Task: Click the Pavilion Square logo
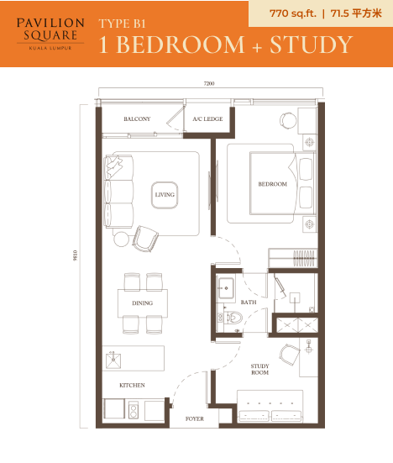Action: (x=50, y=34)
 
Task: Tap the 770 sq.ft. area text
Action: (x=293, y=13)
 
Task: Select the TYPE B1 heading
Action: (x=122, y=24)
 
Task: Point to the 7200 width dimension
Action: (x=209, y=83)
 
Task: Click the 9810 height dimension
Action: (x=76, y=255)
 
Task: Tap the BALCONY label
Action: (x=137, y=118)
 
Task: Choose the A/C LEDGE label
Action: (x=207, y=118)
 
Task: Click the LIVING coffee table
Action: (x=165, y=195)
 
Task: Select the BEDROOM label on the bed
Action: (x=273, y=184)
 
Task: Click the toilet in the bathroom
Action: (x=235, y=318)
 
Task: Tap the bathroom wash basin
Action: (x=226, y=288)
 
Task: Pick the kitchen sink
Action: (x=113, y=360)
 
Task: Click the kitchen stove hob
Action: (x=134, y=410)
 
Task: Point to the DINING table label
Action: (x=143, y=303)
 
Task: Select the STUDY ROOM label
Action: (x=260, y=369)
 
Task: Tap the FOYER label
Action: (x=195, y=418)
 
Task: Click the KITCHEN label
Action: (x=132, y=385)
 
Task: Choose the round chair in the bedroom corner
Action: (x=288, y=120)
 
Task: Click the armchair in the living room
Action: (x=145, y=239)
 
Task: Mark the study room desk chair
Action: (x=290, y=355)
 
